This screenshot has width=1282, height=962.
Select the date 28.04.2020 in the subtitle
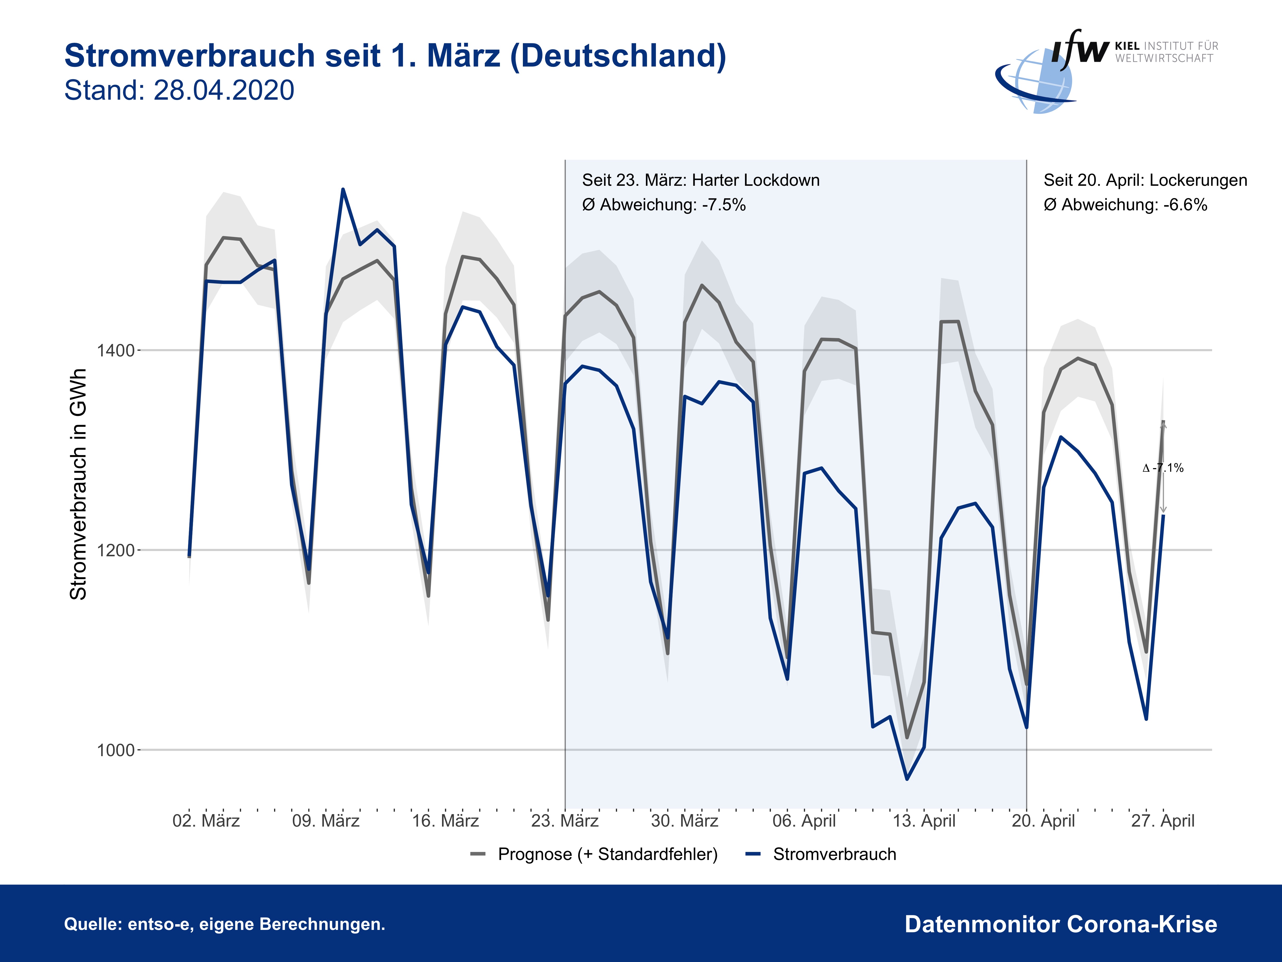click(x=224, y=91)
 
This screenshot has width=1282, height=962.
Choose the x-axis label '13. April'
click(x=924, y=821)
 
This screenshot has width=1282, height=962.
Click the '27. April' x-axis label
click(x=1163, y=821)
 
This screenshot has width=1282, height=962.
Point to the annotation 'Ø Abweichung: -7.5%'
click(x=664, y=205)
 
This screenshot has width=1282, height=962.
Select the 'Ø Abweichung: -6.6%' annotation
click(x=1125, y=205)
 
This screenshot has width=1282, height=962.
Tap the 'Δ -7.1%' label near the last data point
click(x=1163, y=468)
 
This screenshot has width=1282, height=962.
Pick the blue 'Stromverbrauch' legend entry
click(x=834, y=854)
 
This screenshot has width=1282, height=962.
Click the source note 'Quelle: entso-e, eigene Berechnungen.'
click(x=224, y=924)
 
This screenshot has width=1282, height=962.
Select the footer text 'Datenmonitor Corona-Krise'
click(x=1061, y=924)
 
